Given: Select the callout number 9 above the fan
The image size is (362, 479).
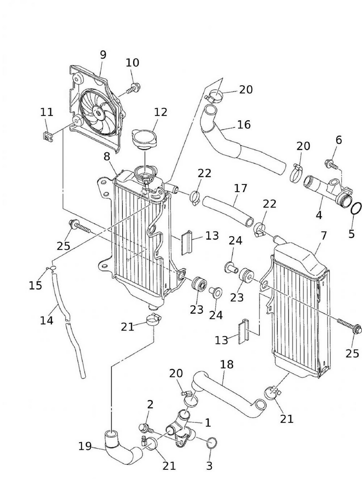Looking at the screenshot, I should tap(103, 55).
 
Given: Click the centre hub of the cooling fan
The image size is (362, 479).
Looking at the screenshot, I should tap(98, 113).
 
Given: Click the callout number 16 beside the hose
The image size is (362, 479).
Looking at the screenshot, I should tap(244, 125).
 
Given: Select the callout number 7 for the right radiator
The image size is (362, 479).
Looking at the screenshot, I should tap(324, 236).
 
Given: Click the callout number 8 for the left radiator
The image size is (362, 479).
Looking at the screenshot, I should tap(107, 156).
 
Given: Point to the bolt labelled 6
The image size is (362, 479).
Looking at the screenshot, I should tap(331, 164).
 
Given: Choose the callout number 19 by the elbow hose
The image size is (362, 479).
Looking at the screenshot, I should tap(85, 446).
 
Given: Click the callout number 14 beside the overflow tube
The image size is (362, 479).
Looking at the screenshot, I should tap(47, 320).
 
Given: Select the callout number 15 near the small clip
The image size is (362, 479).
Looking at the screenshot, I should tap(35, 285).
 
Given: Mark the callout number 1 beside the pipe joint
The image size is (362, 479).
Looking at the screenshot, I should tap(208, 422).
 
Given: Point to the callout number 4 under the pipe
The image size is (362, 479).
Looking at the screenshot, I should tap(319, 215).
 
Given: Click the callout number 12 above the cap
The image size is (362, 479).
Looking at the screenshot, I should tap(161, 112).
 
